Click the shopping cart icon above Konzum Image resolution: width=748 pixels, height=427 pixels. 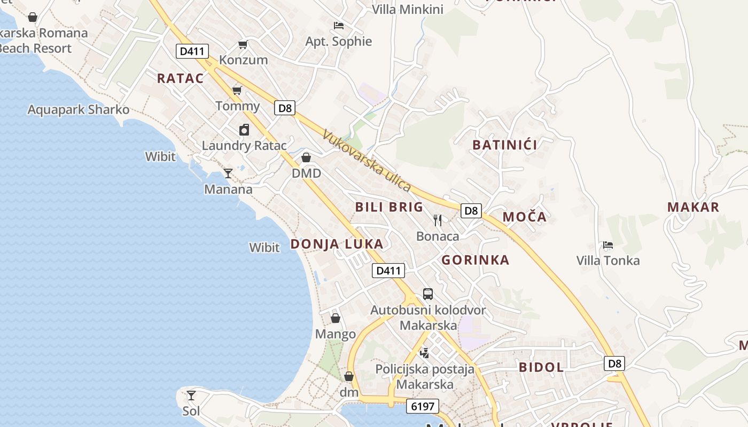243,44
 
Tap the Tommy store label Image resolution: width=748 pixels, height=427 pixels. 237,106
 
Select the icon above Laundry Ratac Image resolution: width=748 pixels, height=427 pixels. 244,130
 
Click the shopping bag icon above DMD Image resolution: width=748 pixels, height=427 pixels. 306,157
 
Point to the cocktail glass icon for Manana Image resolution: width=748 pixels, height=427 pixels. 228,173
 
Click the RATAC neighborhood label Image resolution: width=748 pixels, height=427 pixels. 181,78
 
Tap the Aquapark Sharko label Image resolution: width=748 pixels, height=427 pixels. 79,110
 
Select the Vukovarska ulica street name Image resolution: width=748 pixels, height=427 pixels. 367,161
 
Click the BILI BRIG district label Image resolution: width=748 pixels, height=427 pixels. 389,207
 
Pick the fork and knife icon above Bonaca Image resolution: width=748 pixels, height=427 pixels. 438,220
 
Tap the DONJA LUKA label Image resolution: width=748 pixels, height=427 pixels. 337,244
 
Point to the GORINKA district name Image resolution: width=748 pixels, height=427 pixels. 475,260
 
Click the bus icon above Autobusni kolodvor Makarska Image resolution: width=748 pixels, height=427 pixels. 428,294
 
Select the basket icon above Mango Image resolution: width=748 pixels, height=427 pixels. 336,318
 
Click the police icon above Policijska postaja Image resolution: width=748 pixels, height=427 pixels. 425,352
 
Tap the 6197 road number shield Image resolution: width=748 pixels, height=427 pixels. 422,406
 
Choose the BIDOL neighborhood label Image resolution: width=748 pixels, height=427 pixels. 541,367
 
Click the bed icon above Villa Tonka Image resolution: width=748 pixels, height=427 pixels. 607,245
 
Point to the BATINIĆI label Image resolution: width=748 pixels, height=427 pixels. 505,144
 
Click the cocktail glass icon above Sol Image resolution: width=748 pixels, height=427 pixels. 191,396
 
